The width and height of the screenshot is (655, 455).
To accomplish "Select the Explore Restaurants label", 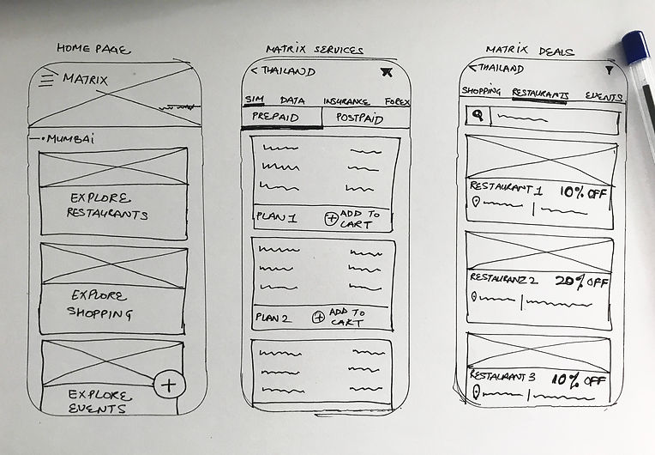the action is pyautogui.click(x=108, y=205).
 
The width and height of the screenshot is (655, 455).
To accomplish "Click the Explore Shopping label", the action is pyautogui.click(x=101, y=303).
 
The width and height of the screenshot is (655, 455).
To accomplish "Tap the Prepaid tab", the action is pyautogui.click(x=270, y=117).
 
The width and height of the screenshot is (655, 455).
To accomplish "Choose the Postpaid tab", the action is pyautogui.click(x=358, y=117).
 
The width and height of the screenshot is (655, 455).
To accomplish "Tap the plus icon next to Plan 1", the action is pyautogui.click(x=331, y=218).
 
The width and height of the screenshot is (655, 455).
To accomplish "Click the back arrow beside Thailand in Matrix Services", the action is pyautogui.click(x=254, y=71).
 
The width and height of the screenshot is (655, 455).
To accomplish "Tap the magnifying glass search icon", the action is pyautogui.click(x=477, y=115).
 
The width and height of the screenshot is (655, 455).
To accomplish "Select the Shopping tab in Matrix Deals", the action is pyautogui.click(x=481, y=91).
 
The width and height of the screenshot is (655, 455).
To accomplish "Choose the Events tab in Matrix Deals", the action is pyautogui.click(x=604, y=96).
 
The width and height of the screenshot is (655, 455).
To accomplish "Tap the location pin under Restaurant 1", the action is pyautogui.click(x=475, y=203).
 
